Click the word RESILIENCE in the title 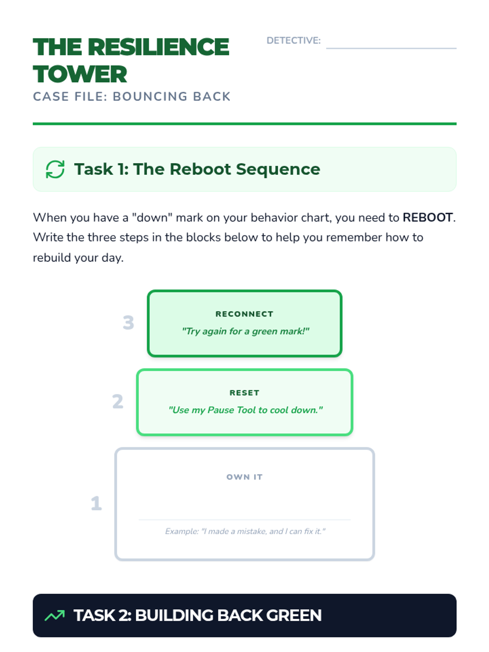pos(158,47)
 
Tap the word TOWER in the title pos(80,74)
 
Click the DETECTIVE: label pos(293,41)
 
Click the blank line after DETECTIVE pos(391,48)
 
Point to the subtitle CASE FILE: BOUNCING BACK pos(132,97)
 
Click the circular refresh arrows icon pos(55,169)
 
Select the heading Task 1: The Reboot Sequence pos(197,169)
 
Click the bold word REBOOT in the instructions pos(427,218)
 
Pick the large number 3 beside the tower pos(128,323)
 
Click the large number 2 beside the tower pos(118,401)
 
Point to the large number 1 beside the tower pos(96,503)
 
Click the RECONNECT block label pos(244,314)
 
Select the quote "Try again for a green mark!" pos(246,331)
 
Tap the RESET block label pos(244,393)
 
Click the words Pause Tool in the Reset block pos(231,410)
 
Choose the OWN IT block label pos(244,477)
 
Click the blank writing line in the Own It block pos(244,520)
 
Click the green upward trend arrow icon pos(55,615)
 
